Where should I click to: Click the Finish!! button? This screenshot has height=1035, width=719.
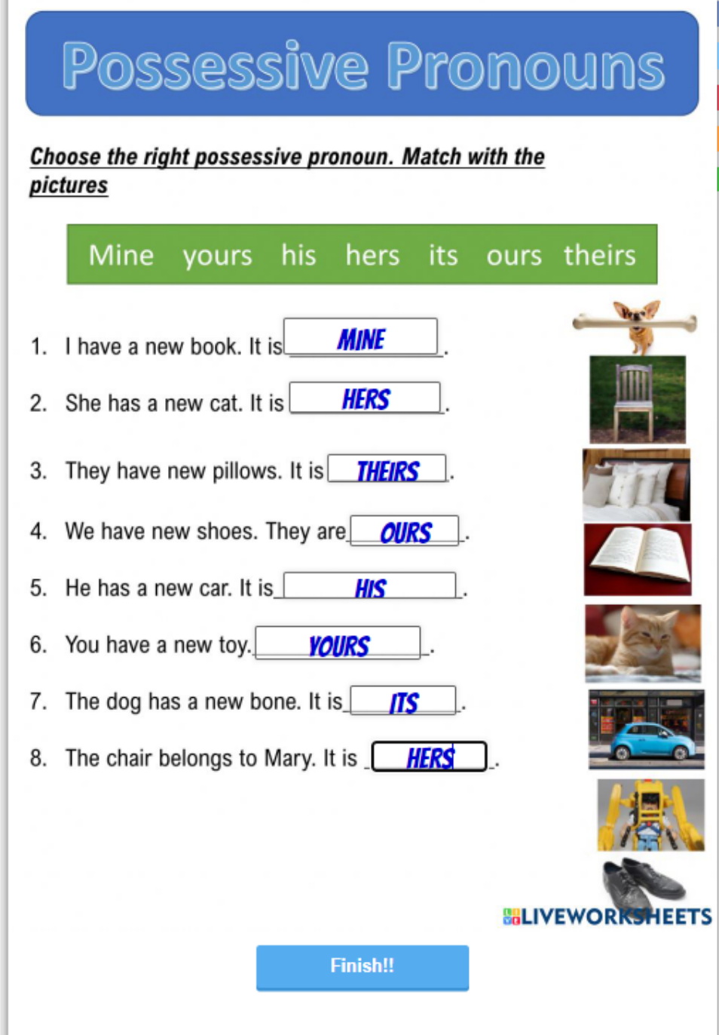(363, 967)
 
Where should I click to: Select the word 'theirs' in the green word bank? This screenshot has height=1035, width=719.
(599, 255)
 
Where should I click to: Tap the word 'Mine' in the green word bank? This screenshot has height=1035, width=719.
(121, 255)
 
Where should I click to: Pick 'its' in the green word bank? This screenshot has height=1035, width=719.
(443, 255)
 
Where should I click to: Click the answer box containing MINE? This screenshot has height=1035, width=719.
(360, 336)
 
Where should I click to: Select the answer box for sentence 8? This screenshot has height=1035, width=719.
(429, 757)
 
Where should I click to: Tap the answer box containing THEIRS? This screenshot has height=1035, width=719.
(387, 468)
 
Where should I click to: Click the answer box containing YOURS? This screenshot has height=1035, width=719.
(338, 643)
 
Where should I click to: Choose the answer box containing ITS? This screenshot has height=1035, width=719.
(403, 701)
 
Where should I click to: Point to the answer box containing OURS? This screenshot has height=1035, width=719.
(405, 531)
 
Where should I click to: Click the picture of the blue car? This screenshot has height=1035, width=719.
(647, 729)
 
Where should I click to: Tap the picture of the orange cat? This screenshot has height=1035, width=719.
(643, 643)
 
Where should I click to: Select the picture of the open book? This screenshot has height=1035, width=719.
(638, 560)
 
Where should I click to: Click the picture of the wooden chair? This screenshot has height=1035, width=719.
(638, 400)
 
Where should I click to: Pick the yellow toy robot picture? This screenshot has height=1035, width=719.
(650, 815)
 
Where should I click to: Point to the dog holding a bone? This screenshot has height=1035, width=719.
(635, 326)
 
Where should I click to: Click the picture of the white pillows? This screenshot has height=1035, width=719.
(636, 485)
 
